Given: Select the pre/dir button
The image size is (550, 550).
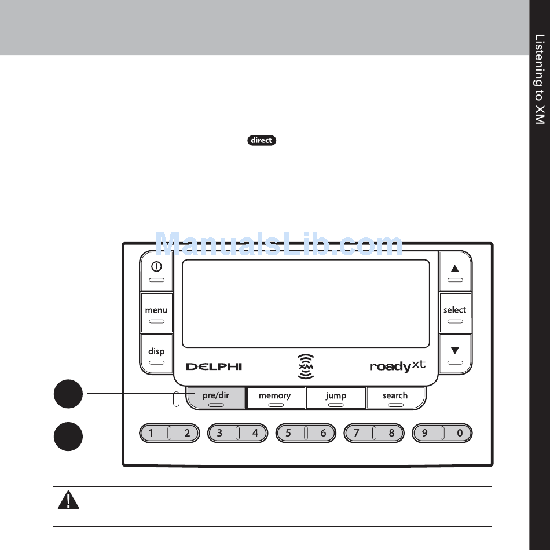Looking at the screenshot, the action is tap(216, 398).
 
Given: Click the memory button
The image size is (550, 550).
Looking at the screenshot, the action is tap(275, 398).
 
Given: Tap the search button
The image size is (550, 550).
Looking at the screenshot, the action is tap(395, 398).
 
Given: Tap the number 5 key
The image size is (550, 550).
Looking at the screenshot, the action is tap(288, 433).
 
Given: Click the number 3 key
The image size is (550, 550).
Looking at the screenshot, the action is tap(220, 433).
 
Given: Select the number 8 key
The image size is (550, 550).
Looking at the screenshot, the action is tap(391, 433).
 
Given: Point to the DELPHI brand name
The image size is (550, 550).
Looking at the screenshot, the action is tap(214, 366).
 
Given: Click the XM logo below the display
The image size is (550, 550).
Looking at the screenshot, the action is tap(306, 366).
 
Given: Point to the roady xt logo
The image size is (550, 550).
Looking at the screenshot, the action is tap(397, 366).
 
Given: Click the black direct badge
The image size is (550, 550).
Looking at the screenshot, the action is tap(262, 141).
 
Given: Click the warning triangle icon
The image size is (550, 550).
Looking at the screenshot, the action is tap(68, 500).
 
